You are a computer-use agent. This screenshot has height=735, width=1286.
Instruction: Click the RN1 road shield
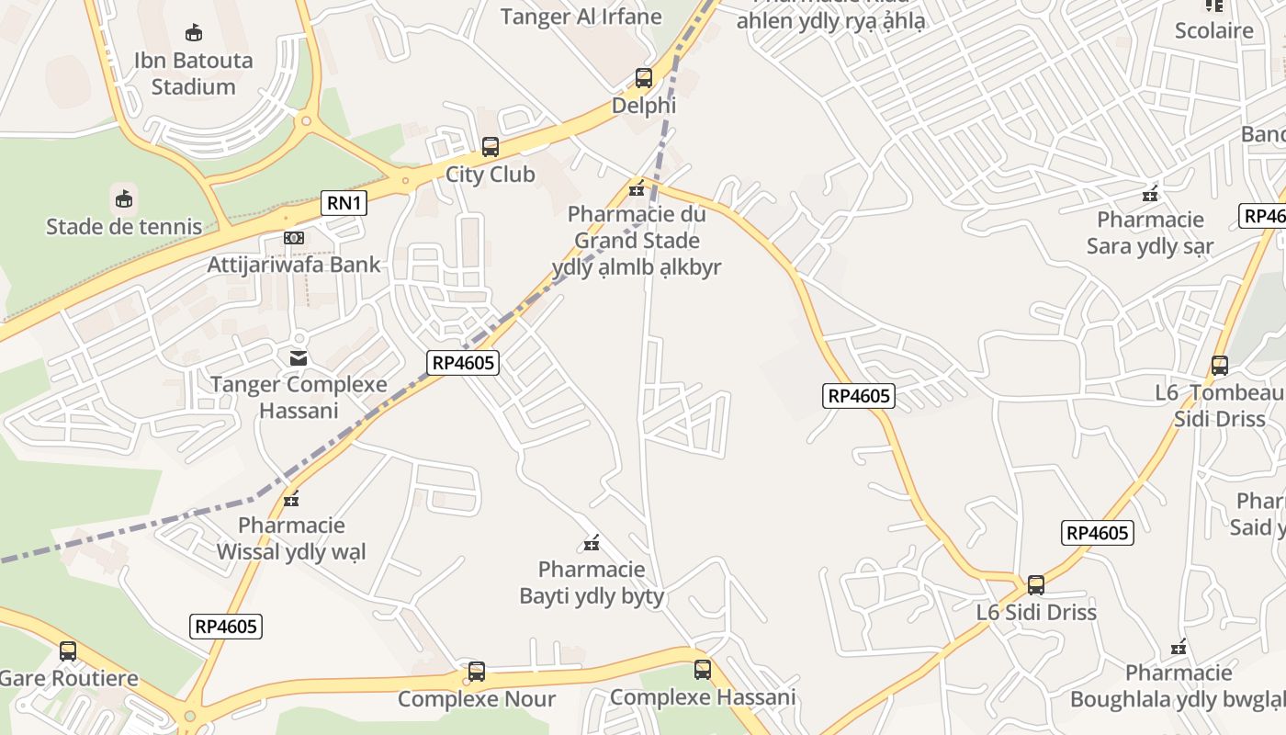click(344, 203)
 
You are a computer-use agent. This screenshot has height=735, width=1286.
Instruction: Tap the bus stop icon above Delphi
click(644, 78)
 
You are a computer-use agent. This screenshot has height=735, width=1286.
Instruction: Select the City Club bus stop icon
click(491, 147)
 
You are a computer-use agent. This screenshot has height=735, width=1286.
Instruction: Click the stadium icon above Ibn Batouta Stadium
click(194, 33)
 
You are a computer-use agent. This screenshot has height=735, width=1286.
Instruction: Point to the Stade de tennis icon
click(124, 198)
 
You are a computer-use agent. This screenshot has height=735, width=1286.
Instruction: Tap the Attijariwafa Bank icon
click(294, 238)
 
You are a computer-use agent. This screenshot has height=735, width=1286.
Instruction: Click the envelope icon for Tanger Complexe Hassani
click(299, 357)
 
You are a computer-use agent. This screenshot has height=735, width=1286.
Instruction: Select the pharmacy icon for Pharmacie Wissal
click(292, 500)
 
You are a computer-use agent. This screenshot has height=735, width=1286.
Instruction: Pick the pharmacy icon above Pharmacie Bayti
click(592, 543)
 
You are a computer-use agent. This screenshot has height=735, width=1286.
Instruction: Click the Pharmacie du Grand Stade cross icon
click(636, 189)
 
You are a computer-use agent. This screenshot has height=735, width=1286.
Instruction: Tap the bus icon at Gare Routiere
click(68, 651)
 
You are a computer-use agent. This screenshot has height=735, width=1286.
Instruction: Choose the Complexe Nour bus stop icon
click(477, 672)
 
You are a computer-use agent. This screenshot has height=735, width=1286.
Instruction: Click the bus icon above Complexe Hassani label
click(703, 670)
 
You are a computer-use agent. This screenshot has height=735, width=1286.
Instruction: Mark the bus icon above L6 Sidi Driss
click(1036, 585)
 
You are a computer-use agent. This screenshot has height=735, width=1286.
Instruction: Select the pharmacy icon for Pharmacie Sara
click(1149, 194)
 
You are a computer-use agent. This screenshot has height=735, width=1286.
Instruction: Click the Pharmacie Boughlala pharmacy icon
click(1179, 647)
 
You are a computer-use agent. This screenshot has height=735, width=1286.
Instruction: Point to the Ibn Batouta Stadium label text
click(194, 73)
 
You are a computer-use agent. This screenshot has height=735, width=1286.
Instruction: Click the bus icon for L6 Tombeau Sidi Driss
click(1220, 366)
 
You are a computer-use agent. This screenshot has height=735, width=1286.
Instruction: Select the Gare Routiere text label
click(69, 679)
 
